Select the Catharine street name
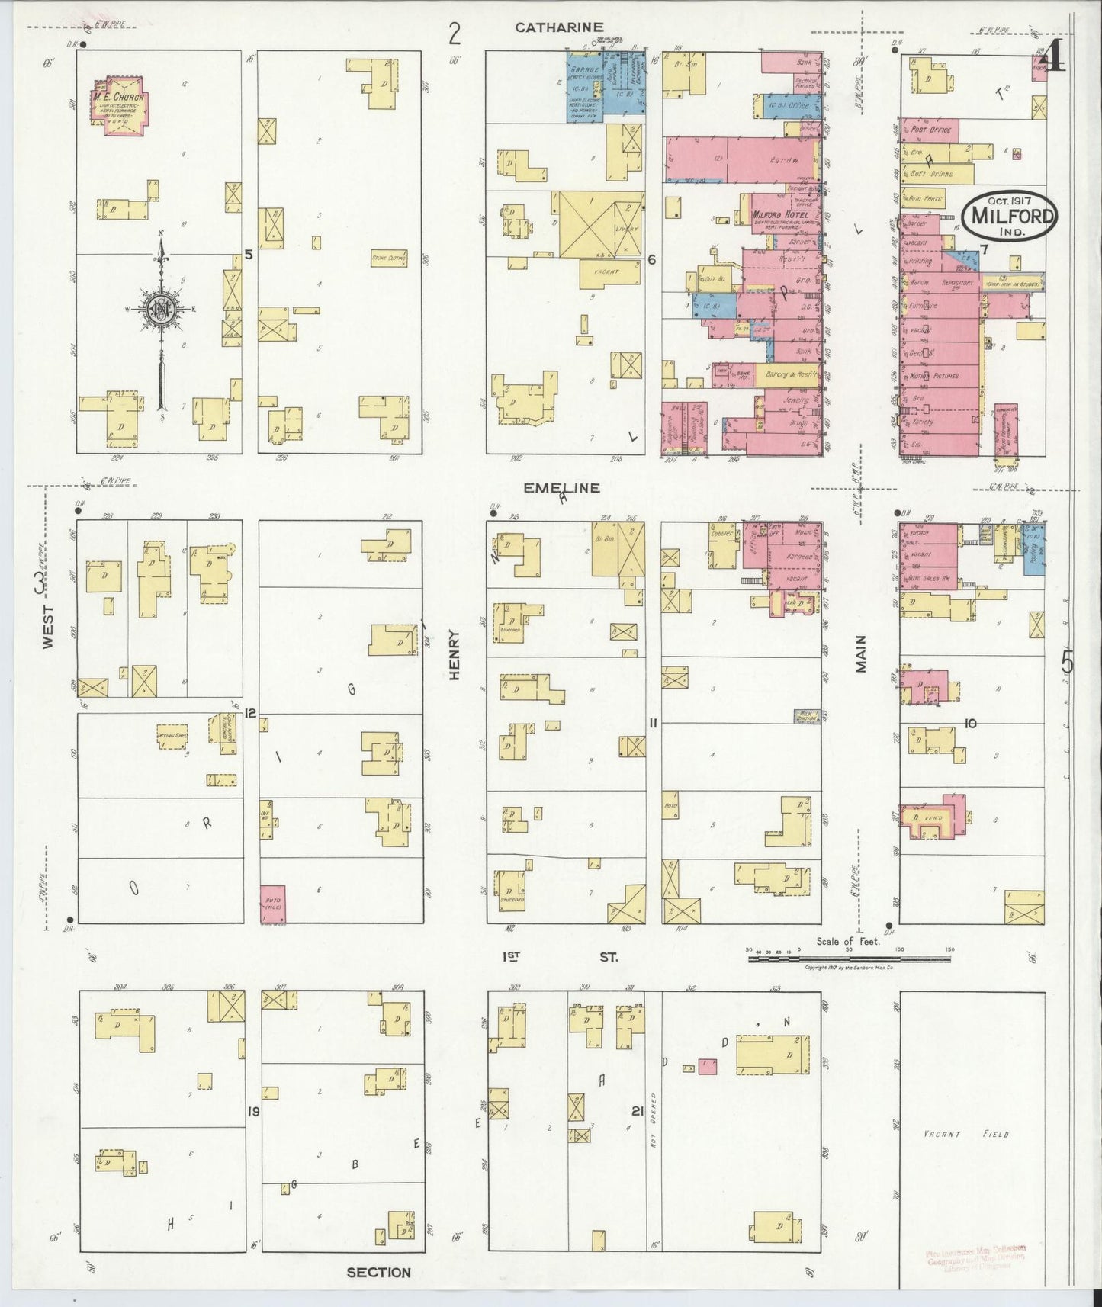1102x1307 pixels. point(559,27)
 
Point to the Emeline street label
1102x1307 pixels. point(561,487)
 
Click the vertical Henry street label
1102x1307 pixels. point(455,654)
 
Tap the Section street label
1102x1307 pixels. point(378,1272)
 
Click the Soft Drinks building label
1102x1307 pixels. point(931,174)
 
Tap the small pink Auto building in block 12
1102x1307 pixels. point(272,905)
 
